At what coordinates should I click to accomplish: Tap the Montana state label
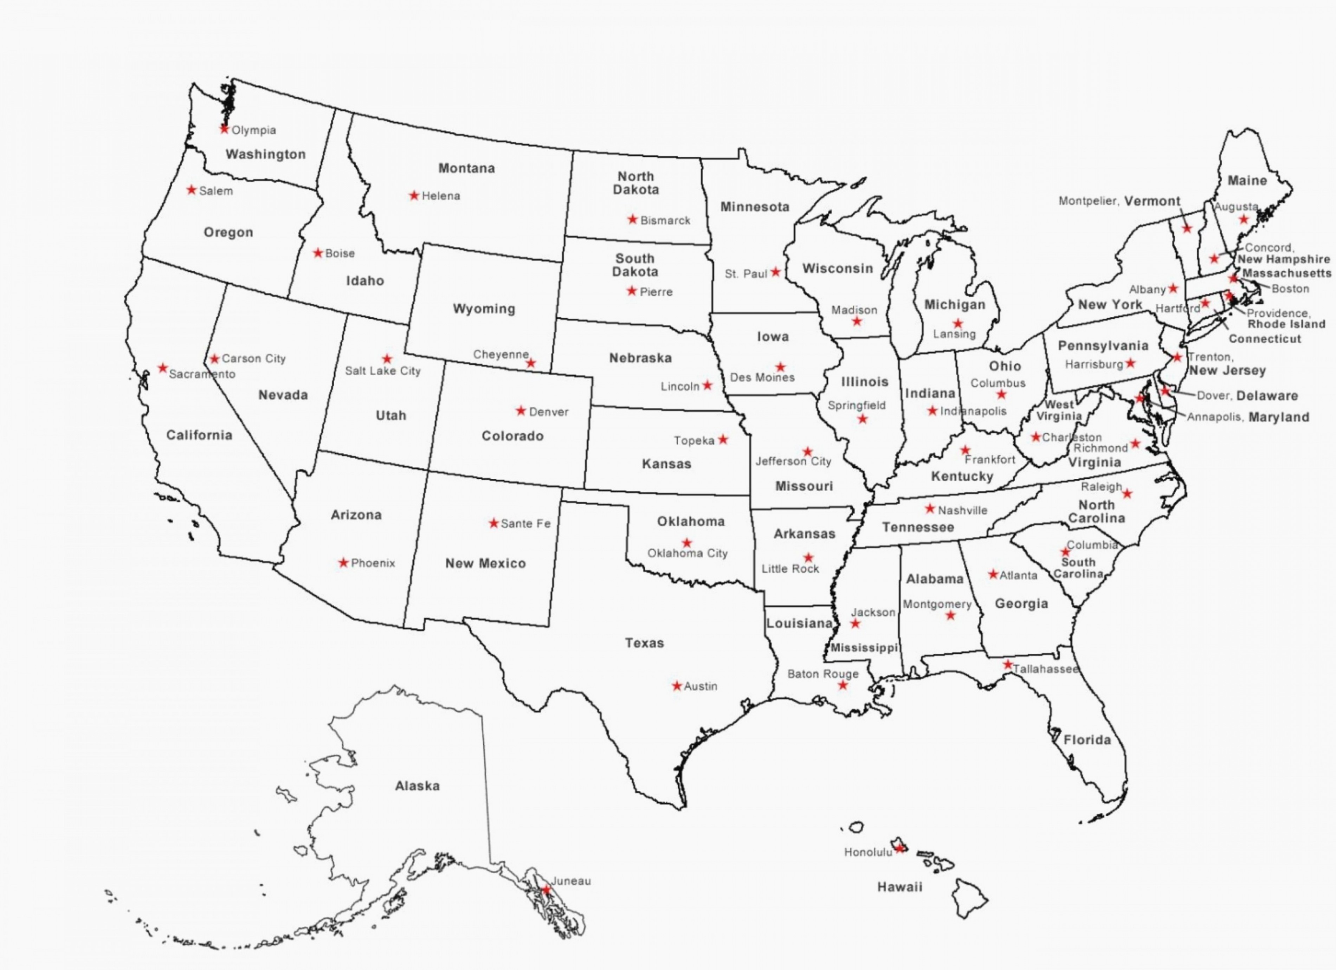coord(466,168)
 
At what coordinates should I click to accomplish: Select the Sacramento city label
coord(202,374)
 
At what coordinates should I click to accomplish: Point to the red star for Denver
coord(521,410)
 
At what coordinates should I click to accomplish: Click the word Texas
coord(644,643)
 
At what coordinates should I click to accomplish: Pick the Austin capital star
coord(677,686)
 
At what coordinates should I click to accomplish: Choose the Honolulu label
coord(868,852)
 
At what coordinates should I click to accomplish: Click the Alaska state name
coord(417,785)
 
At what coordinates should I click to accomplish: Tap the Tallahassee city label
coord(1046,669)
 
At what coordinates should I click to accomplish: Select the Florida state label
coord(1087,740)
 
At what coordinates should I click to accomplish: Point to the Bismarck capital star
coord(633,220)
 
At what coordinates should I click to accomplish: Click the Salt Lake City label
coord(383,371)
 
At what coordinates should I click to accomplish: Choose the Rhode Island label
coord(1286,324)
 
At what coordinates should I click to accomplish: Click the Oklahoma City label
coord(688,553)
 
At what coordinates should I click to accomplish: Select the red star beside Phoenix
coord(343,563)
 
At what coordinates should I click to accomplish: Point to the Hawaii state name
coord(899,887)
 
